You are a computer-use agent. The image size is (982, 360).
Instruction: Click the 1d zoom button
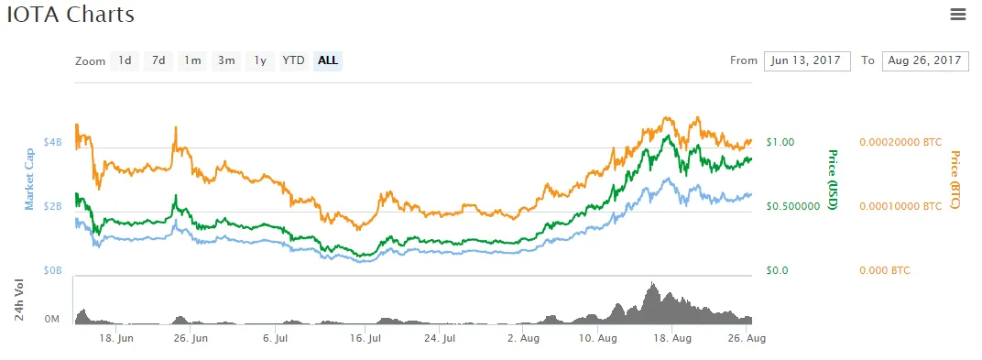coord(125,60)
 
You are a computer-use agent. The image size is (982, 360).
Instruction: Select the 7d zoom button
coord(158,60)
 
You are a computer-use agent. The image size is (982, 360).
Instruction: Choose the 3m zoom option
coord(226,60)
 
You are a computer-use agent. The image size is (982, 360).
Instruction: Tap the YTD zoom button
coord(293,60)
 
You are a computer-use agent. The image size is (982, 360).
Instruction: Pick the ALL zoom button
coord(328,60)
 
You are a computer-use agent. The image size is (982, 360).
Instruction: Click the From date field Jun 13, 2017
coord(807,60)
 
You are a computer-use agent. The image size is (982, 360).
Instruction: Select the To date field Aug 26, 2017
coord(925,60)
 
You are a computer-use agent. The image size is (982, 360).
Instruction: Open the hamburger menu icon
coord(958,15)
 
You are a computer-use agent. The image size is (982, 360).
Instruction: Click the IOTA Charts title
coord(71,15)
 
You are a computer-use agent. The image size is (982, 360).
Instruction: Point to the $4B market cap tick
coord(52,142)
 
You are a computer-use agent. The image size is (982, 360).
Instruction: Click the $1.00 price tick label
coord(780,142)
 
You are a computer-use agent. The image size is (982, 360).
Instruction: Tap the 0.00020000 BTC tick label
coord(900,142)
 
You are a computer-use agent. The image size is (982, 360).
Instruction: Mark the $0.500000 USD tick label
coord(793,206)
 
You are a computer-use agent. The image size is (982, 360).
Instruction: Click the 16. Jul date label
coord(366,339)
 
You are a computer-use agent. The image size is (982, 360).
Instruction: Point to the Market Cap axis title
coord(29,179)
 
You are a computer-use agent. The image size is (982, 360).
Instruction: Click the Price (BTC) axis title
coord(955,180)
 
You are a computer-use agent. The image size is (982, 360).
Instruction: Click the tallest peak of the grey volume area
coord(653,283)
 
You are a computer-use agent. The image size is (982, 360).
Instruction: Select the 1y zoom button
coord(260,60)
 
